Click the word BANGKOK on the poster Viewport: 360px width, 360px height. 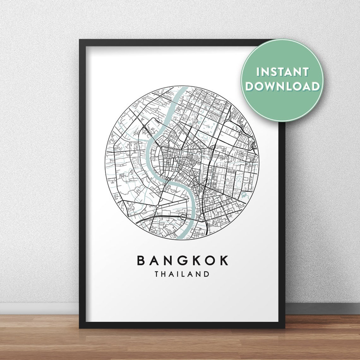tap(182, 261)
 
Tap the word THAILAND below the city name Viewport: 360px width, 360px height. tap(182, 274)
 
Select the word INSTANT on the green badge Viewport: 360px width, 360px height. tap(282, 72)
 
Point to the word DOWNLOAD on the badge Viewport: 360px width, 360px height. tap(282, 86)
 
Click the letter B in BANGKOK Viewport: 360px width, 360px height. tap(141, 261)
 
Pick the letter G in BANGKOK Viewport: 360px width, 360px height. tap(182, 261)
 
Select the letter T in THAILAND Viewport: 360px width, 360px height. tap(157, 274)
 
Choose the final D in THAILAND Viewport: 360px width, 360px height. tap(207, 274)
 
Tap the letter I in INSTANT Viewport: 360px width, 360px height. tap(258, 72)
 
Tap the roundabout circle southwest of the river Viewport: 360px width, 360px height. tap(157, 206)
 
